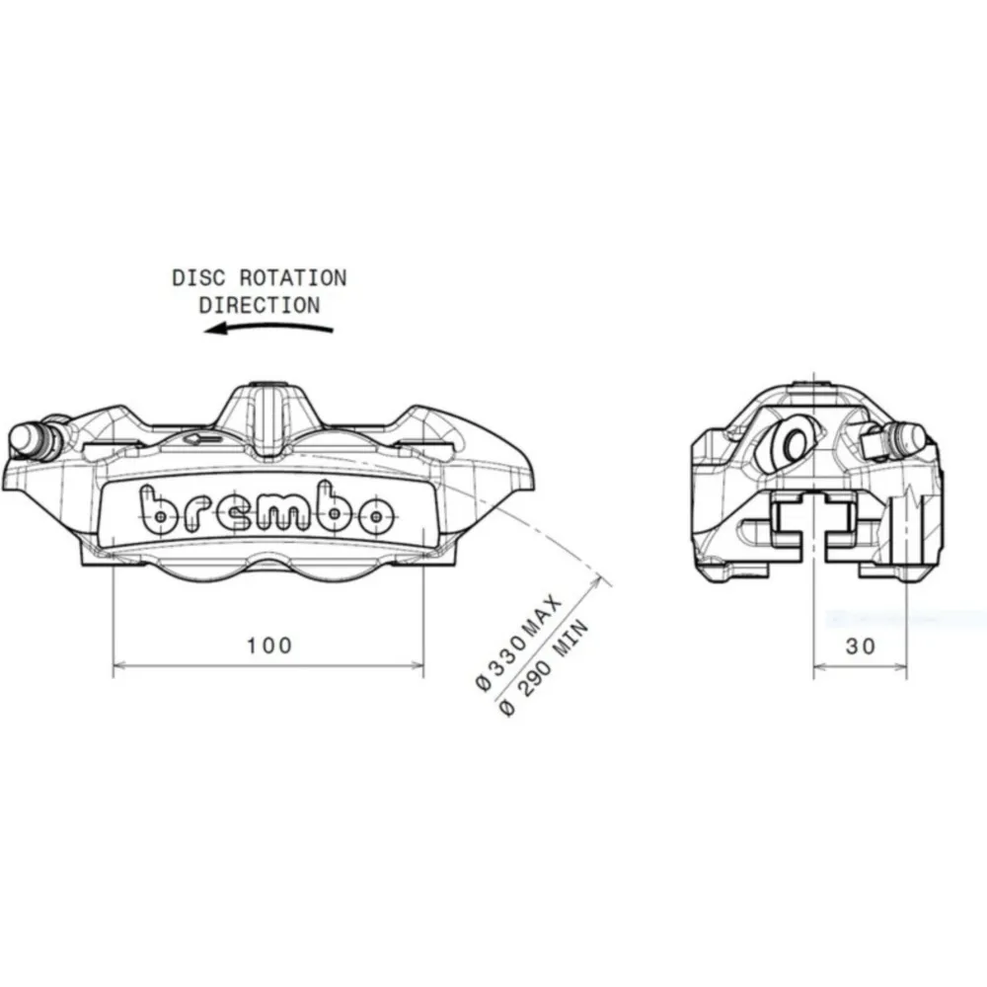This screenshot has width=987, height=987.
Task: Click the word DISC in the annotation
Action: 198,278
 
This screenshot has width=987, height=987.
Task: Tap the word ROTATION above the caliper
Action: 293,278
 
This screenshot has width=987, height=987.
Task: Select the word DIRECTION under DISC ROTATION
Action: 260,305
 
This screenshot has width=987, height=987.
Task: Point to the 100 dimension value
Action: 269,645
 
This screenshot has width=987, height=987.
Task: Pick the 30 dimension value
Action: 861,645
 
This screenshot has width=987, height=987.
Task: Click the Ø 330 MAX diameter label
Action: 518,643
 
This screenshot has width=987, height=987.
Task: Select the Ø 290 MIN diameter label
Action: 544,668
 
